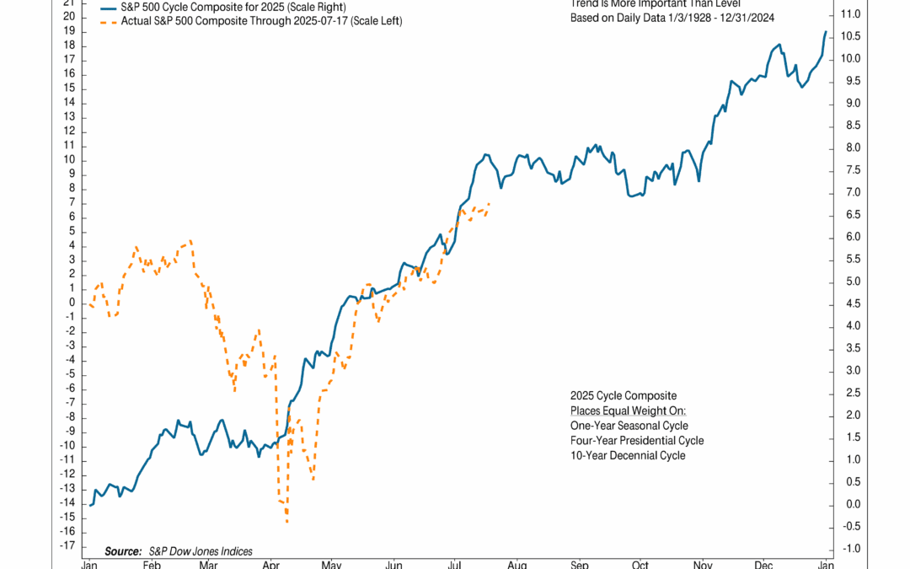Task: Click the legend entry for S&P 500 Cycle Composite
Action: [219, 7]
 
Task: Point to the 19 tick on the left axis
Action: [70, 31]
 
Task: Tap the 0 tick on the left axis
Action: [72, 303]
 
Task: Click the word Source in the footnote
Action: [124, 551]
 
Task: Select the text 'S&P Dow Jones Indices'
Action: [200, 551]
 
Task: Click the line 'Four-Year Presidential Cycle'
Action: [636, 441]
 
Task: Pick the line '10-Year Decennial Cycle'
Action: [627, 456]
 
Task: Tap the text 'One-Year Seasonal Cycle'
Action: [629, 426]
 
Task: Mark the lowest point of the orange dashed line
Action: [287, 523]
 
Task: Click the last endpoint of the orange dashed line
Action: [490, 203]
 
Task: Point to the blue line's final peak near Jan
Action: [825, 31]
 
